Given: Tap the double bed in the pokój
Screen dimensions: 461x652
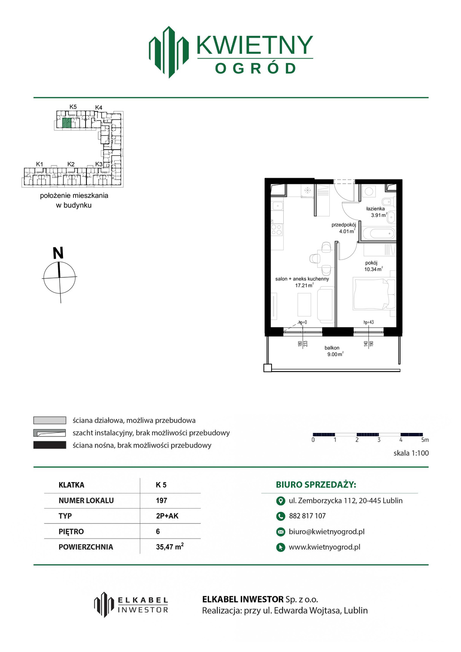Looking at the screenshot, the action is [x=374, y=293].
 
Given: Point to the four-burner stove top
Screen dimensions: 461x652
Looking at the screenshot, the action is [x=277, y=229].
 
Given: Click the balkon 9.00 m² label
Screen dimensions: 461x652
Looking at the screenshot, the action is [x=334, y=351].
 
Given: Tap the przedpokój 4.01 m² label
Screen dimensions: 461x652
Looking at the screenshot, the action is [x=344, y=228].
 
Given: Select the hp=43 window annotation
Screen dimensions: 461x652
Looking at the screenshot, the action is [x=368, y=322].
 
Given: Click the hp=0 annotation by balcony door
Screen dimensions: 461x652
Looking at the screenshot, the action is [x=303, y=322].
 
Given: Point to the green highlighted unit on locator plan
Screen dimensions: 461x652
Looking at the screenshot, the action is [x=66, y=123].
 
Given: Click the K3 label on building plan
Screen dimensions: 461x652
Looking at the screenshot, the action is [x=99, y=164].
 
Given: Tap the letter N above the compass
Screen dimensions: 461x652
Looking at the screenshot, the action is [x=58, y=253].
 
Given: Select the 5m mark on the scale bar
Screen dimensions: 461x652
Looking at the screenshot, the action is [x=425, y=440].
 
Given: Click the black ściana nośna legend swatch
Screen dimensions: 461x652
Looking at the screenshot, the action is [x=50, y=445].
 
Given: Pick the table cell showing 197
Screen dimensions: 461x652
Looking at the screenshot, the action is [x=162, y=500].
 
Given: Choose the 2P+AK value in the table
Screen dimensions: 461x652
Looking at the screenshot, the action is [x=167, y=516].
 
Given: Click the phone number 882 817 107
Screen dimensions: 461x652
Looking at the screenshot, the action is [x=307, y=516].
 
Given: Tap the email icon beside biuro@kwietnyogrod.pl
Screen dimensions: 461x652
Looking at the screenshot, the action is [x=281, y=532].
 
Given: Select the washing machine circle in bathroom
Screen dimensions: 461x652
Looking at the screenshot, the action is [x=369, y=192].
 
